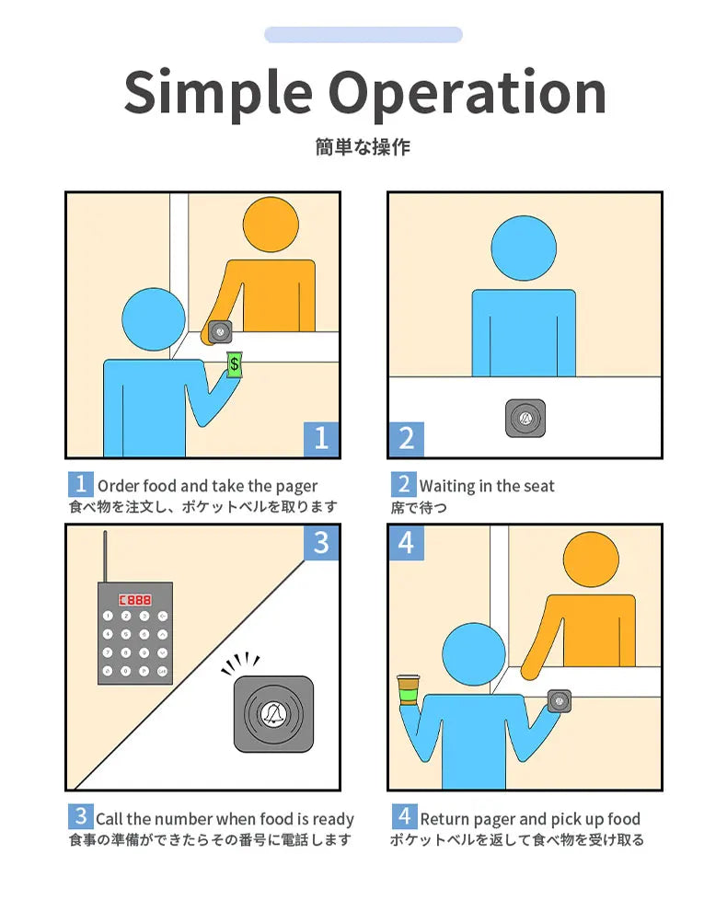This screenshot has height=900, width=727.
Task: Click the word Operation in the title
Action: tap(467, 94)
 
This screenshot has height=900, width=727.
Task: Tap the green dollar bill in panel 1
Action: tap(234, 364)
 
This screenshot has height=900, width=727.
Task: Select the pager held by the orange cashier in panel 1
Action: tap(220, 332)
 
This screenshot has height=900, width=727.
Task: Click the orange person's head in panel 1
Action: tap(271, 225)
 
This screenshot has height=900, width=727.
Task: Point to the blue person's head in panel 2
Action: tap(524, 248)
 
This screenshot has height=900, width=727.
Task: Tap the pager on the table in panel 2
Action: tap(525, 419)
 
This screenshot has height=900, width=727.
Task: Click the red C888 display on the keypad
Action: tap(135, 600)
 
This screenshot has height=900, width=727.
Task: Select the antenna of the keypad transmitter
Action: tap(105, 556)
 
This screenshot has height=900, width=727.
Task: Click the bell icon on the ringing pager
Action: tap(273, 713)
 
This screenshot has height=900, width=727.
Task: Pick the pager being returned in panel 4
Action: tap(559, 701)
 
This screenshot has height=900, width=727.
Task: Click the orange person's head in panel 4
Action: tap(591, 560)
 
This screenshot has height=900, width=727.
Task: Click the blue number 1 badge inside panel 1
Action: tap(321, 439)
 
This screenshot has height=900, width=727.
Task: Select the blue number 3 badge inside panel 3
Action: tap(321, 543)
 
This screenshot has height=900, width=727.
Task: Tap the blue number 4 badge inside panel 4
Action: tap(407, 543)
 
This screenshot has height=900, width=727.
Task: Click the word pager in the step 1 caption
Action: tap(296, 488)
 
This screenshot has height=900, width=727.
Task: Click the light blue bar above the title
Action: tap(363, 34)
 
